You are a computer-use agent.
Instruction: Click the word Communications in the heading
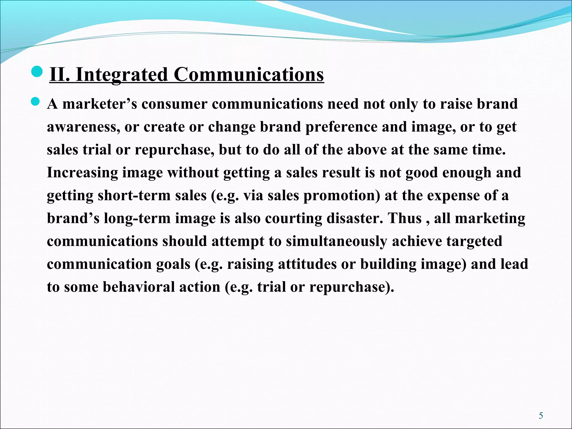(249, 75)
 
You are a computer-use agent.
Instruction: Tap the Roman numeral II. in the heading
(60, 75)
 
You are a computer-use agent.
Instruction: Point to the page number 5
(541, 416)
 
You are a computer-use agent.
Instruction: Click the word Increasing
(82, 173)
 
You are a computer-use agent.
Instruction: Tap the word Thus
(405, 218)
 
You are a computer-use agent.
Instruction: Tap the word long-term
(137, 218)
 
